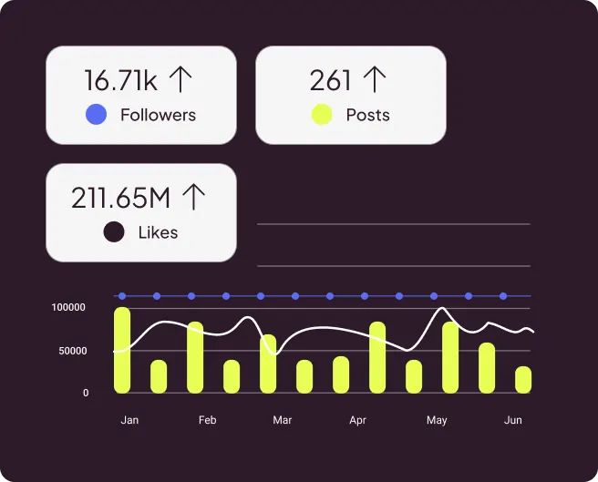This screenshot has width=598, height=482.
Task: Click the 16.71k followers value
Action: pyautogui.click(x=121, y=80)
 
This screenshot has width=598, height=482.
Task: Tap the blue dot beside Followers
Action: pyautogui.click(x=96, y=115)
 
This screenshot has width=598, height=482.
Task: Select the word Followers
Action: pyautogui.click(x=158, y=115)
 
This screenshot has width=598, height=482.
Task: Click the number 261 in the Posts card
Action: pyautogui.click(x=330, y=80)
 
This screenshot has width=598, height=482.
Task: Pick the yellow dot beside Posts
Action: pyautogui.click(x=322, y=115)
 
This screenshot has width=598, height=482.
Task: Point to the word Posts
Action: pyautogui.click(x=367, y=115)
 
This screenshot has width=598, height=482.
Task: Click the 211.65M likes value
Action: pyautogui.click(x=122, y=198)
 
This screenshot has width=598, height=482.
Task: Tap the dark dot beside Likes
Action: pyautogui.click(x=113, y=232)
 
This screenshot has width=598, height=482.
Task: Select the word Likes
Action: pyautogui.click(x=158, y=232)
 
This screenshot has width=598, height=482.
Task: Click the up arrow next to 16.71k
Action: pyautogui.click(x=180, y=80)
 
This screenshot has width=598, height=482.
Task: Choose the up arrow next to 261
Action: pyautogui.click(x=374, y=80)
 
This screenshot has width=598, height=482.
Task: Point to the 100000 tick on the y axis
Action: pyautogui.click(x=69, y=308)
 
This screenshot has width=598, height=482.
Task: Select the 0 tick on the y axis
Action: pyautogui.click(x=86, y=393)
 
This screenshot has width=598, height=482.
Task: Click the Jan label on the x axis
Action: pyautogui.click(x=129, y=420)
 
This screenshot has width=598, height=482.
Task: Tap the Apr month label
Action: pyautogui.click(x=357, y=420)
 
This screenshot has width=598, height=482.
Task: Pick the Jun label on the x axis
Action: pyautogui.click(x=513, y=420)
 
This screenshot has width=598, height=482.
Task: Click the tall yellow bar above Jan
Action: pyautogui.click(x=122, y=351)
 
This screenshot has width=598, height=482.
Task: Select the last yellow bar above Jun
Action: pyautogui.click(x=523, y=380)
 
